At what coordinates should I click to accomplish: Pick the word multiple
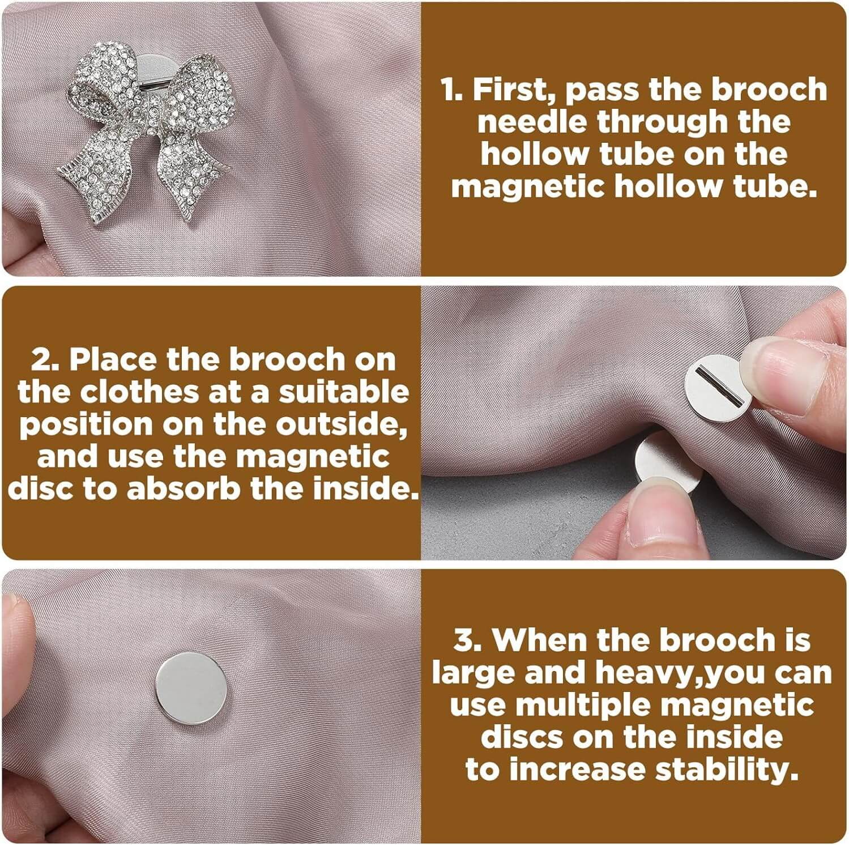click(583, 705)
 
